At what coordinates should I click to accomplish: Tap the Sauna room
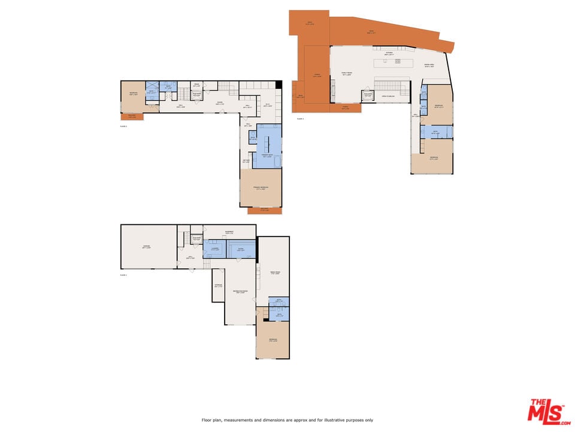pos(241,249)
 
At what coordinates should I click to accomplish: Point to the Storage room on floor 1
pos(218,286)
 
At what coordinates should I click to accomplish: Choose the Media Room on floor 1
pos(275,273)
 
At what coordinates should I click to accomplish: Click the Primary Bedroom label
pos(261,188)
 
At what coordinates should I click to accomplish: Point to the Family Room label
pos(346,73)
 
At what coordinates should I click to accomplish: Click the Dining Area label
pos(429,65)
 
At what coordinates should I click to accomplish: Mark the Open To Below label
pos(388,96)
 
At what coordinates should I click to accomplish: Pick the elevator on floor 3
pos(367,95)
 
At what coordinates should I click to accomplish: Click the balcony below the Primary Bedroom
pos(264,210)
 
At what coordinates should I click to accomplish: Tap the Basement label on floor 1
pos(229,232)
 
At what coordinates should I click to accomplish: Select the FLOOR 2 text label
pos(123,126)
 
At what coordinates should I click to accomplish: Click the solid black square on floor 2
pos(279,84)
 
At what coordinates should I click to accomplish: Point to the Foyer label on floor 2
pos(220,102)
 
